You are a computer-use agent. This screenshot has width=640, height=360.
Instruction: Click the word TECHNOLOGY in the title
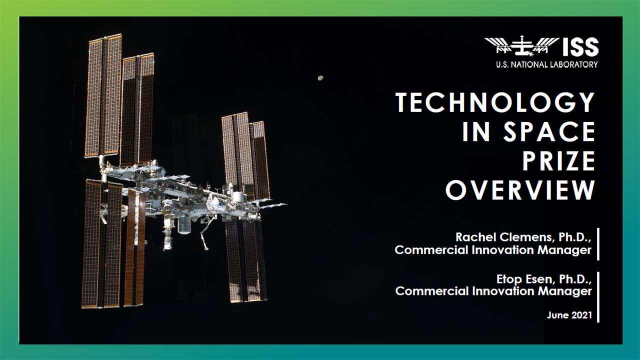495,102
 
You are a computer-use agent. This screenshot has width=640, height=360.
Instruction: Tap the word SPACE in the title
549,131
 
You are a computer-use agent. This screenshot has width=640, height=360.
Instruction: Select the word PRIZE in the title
558,161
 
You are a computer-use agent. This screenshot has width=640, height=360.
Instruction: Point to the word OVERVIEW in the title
520,190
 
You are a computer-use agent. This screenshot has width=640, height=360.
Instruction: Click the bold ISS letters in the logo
580,47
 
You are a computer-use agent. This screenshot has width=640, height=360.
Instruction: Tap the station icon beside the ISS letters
521,45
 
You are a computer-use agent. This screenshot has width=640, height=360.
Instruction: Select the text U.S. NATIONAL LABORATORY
547,64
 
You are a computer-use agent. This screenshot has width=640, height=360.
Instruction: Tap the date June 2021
569,315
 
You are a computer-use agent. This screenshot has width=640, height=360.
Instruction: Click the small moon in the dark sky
320,77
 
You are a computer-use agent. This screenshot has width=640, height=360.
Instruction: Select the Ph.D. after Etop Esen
575,279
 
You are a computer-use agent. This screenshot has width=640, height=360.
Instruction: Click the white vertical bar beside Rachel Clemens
598,244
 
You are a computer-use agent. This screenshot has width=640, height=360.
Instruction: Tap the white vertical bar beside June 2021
598,297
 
